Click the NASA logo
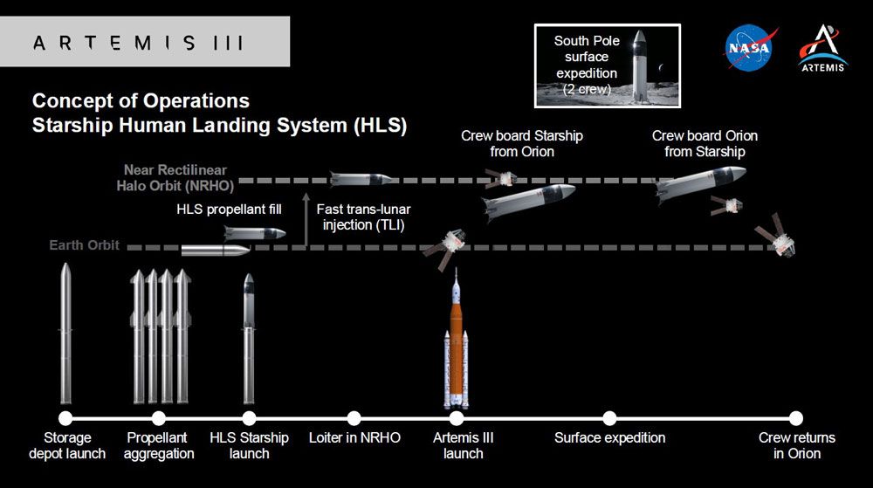coord(750,47)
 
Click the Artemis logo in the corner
coord(823,48)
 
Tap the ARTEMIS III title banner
coord(145,42)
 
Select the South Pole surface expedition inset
coord(608,65)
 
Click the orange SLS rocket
coord(456,339)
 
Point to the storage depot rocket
coord(65,333)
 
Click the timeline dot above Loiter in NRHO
coord(354,418)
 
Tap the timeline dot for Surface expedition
coord(609,418)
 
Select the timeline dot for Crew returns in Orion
coord(796,418)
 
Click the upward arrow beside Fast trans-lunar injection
coord(305,219)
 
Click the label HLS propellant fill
coord(229,210)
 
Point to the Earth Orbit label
coord(84,244)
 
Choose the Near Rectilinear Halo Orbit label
coord(175,177)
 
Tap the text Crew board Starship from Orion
coord(522,143)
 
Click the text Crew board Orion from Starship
coord(705,143)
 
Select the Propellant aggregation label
coord(159,446)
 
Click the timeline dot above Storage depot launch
coord(65,418)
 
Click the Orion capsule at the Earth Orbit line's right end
coord(777,236)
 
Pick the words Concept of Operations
coord(141,100)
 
